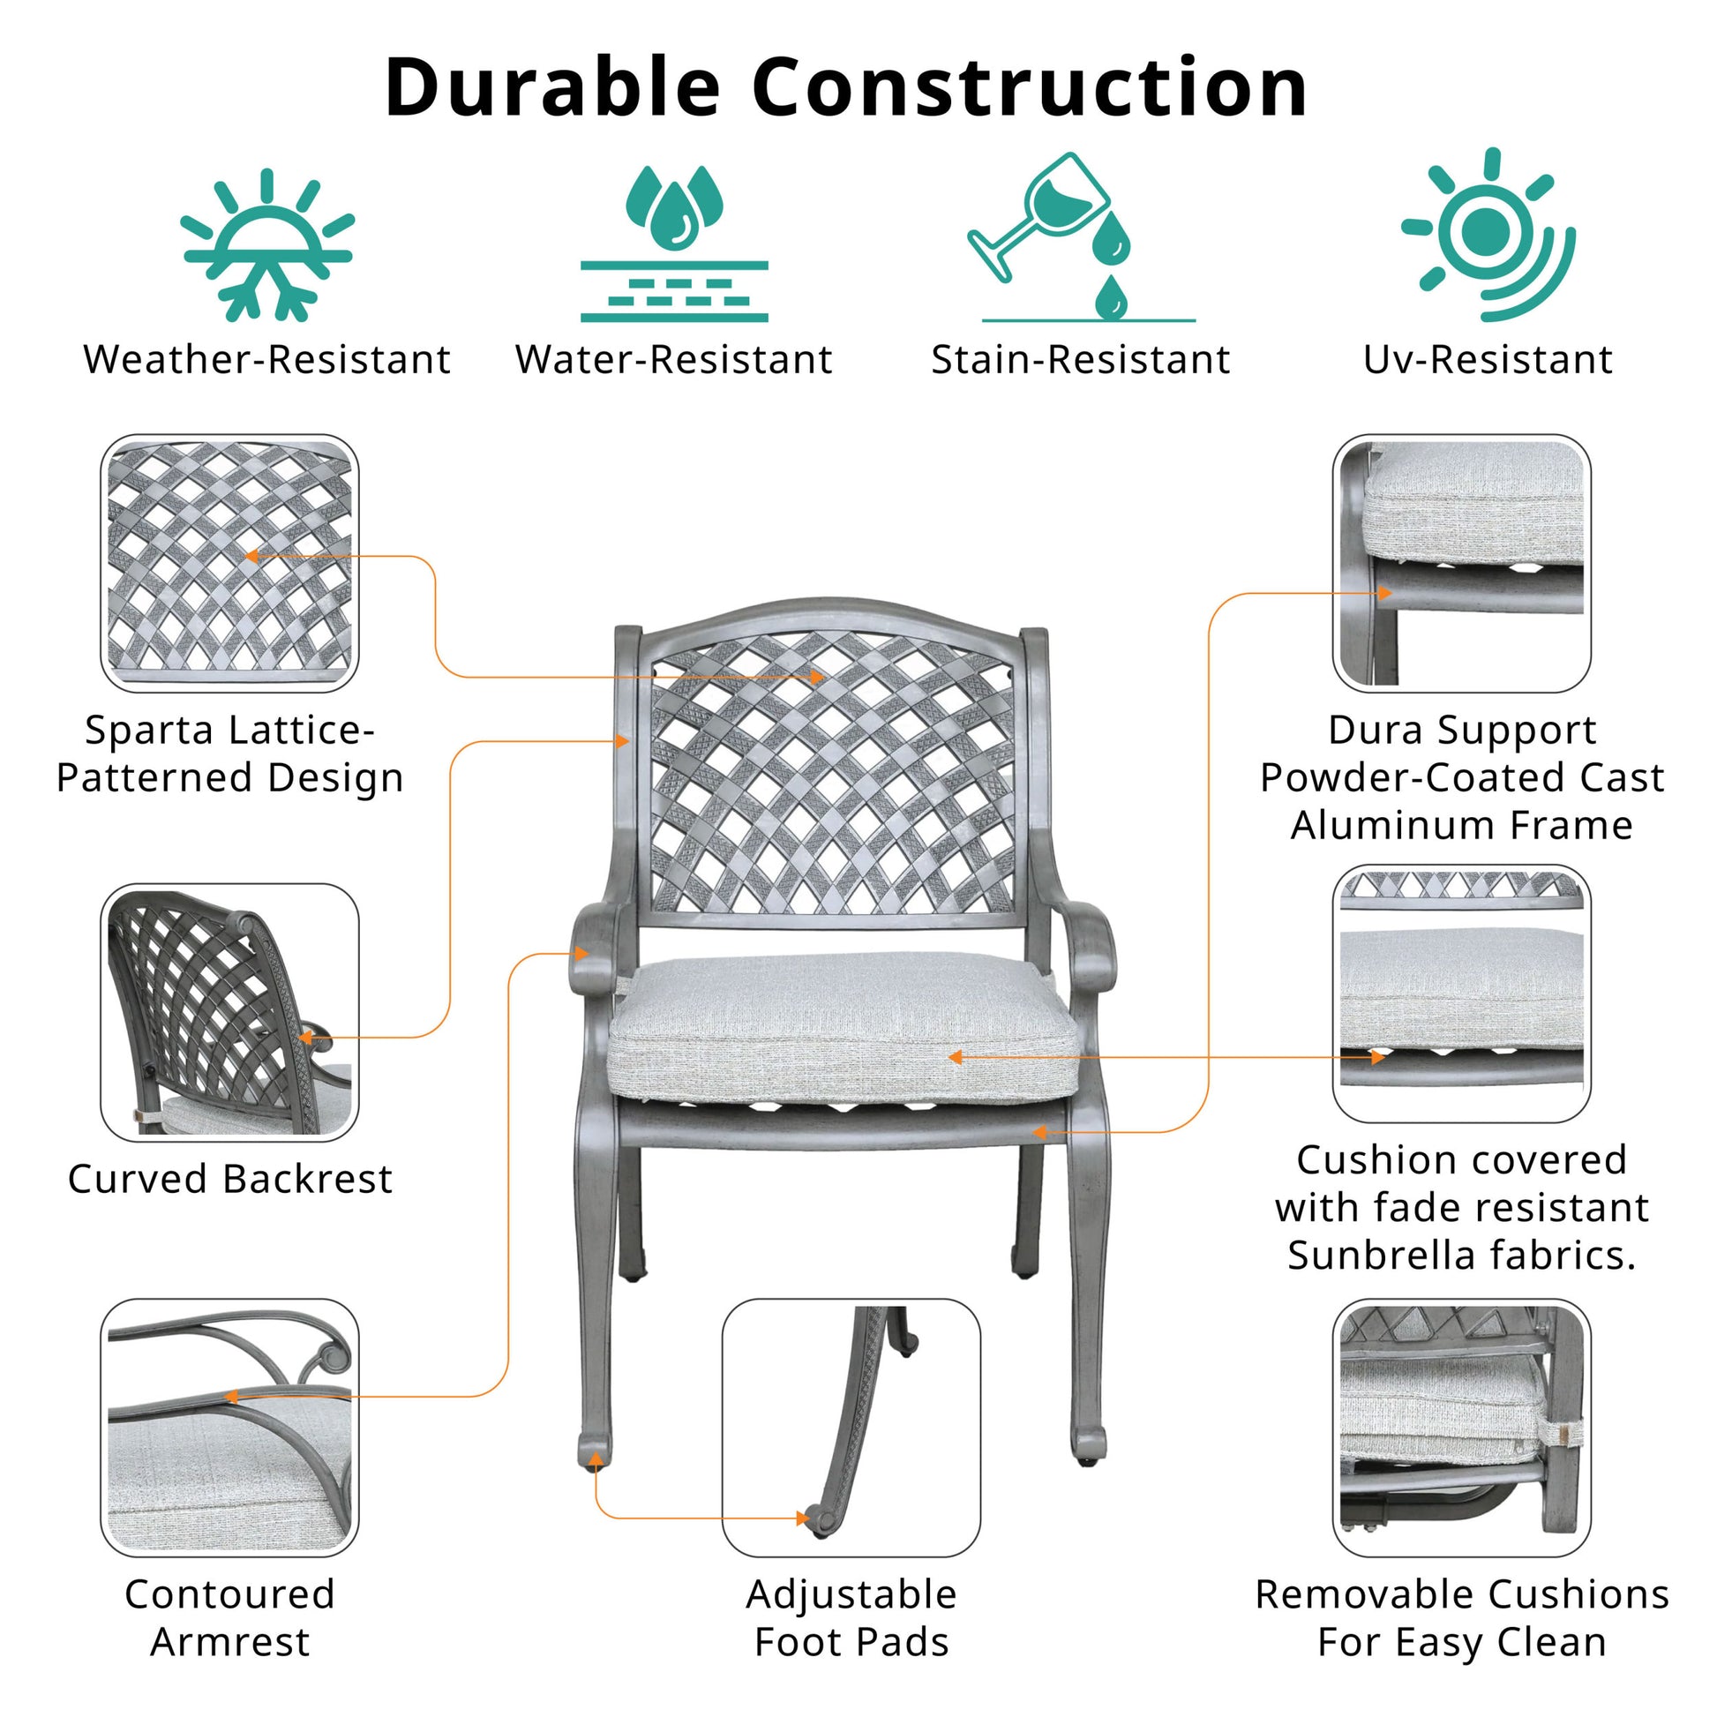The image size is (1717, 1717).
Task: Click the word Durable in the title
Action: tap(552, 88)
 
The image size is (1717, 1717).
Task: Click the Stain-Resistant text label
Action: tap(1080, 360)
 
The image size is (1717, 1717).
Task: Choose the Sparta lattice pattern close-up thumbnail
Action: tap(229, 563)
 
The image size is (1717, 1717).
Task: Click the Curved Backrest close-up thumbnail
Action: tap(229, 1012)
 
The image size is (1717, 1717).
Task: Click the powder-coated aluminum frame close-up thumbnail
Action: tap(1461, 563)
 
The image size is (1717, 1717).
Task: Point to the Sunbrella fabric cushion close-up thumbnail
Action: tap(1461, 993)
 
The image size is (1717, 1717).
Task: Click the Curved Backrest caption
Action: tap(229, 1180)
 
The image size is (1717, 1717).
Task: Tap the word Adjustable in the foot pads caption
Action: tap(851, 1594)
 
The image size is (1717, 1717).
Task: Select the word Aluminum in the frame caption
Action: tap(1391, 826)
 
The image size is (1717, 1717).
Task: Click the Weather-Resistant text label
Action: tap(266, 360)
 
